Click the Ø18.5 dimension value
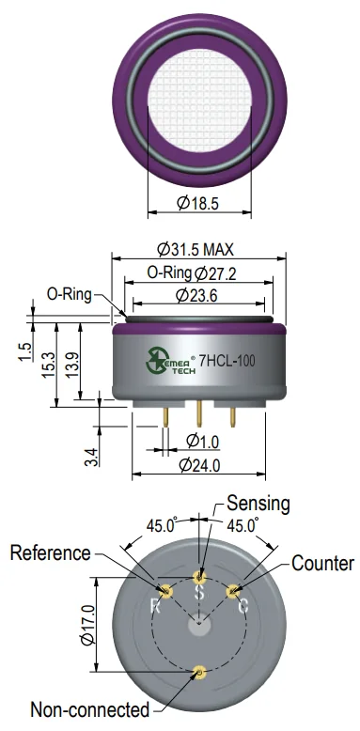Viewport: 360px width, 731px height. point(197,203)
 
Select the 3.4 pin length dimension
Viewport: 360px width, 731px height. point(92,457)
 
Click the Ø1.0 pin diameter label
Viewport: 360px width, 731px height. point(202,441)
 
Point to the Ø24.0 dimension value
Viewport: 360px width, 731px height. point(199,465)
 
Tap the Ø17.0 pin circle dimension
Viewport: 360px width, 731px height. point(87,625)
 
